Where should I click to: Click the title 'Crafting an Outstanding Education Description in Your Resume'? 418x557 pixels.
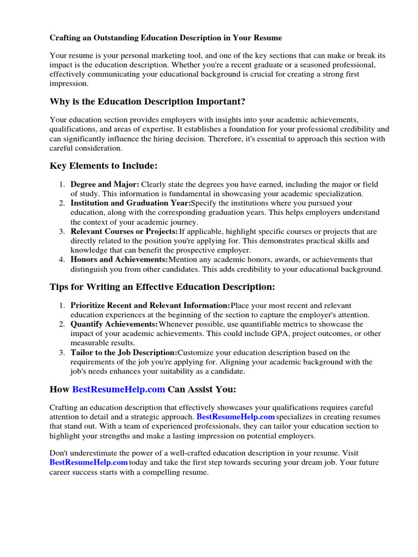point(166,38)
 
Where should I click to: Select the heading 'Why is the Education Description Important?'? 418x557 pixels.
point(147,102)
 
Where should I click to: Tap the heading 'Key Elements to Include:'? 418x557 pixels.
point(103,165)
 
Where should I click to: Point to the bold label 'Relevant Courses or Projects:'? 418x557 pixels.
point(124,231)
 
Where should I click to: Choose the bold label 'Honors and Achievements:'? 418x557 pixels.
point(119,259)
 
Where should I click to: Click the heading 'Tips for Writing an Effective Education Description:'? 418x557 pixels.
point(162,287)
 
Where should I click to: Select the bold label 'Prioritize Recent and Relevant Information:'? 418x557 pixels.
point(150,306)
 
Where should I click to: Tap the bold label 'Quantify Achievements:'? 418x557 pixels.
point(114,324)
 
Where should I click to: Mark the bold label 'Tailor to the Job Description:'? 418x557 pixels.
point(124,352)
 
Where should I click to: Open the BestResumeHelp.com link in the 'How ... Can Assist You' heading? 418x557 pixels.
point(119,389)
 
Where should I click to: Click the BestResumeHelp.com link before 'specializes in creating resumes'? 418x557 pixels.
point(235,417)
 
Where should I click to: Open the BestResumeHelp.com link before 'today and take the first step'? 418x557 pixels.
point(89,462)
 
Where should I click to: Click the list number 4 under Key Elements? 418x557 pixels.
point(62,259)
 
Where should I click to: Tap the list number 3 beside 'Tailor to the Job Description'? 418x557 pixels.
point(62,352)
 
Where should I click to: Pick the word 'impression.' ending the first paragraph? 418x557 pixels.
point(68,84)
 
